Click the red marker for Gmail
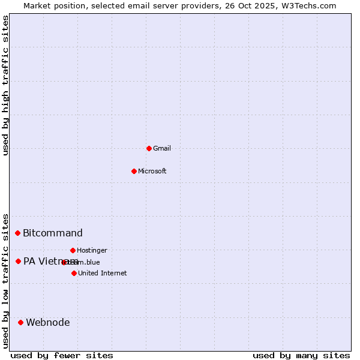tap(149, 148)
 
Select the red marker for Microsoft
tap(134, 171)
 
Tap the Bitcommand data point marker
tap(18, 233)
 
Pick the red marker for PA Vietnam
tap(19, 261)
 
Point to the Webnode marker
tap(21, 322)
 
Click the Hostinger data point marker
tap(73, 250)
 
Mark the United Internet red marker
tap(74, 273)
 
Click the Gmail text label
tap(162, 148)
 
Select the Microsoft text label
tap(152, 171)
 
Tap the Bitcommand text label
tap(53, 233)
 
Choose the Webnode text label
tap(48, 322)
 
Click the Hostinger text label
tap(92, 250)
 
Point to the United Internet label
tap(103, 273)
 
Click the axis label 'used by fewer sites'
tap(62, 355)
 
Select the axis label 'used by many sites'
tap(301, 355)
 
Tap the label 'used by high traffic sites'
tap(6, 85)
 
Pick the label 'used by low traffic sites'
tap(6, 280)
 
